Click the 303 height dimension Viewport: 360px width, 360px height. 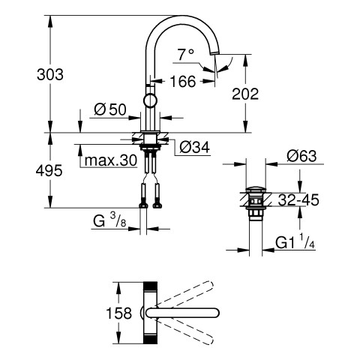[x=50, y=74]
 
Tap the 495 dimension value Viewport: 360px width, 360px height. [x=49, y=171]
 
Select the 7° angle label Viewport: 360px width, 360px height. [x=185, y=55]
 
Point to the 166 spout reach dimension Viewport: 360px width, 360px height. [x=182, y=82]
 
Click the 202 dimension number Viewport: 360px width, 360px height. [x=245, y=94]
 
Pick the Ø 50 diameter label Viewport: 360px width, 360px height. [x=110, y=109]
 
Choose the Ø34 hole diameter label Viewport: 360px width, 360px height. [x=194, y=147]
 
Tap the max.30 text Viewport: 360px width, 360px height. [x=111, y=160]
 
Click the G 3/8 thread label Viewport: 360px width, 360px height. [x=109, y=220]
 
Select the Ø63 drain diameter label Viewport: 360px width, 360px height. [x=301, y=156]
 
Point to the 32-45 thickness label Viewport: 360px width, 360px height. [x=298, y=199]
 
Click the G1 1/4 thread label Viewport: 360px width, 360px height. [x=295, y=242]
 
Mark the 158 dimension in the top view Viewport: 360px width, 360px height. [x=119, y=313]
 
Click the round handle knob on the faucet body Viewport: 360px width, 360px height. [x=151, y=100]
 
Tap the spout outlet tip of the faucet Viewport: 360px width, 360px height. [x=215, y=52]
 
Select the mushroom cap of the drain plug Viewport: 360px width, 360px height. [x=255, y=189]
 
